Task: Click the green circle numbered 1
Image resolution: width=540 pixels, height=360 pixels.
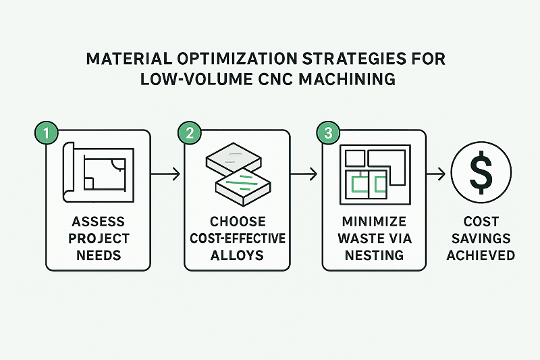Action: pyautogui.click(x=45, y=133)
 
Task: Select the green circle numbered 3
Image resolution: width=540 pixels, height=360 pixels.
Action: pyautogui.click(x=328, y=133)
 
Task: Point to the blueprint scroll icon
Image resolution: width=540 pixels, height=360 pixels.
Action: pyautogui.click(x=97, y=172)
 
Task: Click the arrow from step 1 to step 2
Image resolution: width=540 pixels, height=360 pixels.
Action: pyautogui.click(x=166, y=175)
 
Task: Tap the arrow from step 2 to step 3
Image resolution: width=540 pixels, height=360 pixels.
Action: pyautogui.click(x=304, y=175)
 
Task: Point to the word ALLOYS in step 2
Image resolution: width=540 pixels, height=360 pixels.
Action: pyautogui.click(x=237, y=256)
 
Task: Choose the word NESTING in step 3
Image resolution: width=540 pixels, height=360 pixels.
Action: pyautogui.click(x=375, y=256)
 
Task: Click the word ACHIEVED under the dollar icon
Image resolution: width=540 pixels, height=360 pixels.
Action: pyautogui.click(x=481, y=255)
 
